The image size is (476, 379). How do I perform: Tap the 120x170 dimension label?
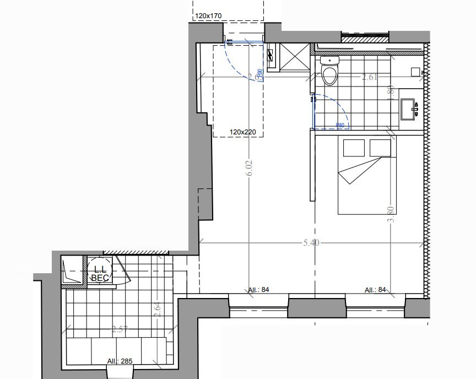[x=208, y=17]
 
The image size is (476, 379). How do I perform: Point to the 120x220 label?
[x=244, y=132]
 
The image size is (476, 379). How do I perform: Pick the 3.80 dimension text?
[x=391, y=213]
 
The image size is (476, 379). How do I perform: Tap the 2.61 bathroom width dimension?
[x=369, y=78]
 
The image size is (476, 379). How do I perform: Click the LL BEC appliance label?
[x=100, y=274]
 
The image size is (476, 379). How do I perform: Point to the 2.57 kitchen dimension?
[x=120, y=329]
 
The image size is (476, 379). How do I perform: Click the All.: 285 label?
[x=119, y=361]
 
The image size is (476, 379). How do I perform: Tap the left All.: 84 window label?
[x=258, y=290]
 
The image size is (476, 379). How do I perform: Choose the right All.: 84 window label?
[x=375, y=290]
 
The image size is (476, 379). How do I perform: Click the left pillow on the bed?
[x=354, y=148]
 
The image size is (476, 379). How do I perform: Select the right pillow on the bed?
[x=380, y=148]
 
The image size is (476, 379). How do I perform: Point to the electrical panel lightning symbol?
[x=270, y=55]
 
